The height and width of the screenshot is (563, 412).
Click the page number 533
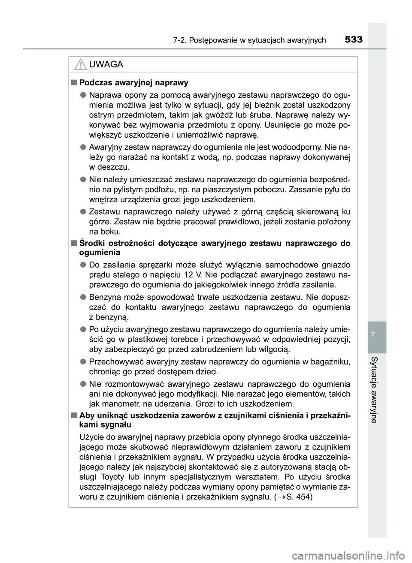pos(353,40)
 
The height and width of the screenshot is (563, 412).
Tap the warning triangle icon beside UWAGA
pos(80,65)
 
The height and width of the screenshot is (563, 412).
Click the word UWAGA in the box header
pos(106,65)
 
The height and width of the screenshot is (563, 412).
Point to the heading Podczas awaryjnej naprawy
pos(134,82)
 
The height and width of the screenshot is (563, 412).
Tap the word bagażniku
pos(331,361)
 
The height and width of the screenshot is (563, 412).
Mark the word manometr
pos(121,404)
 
